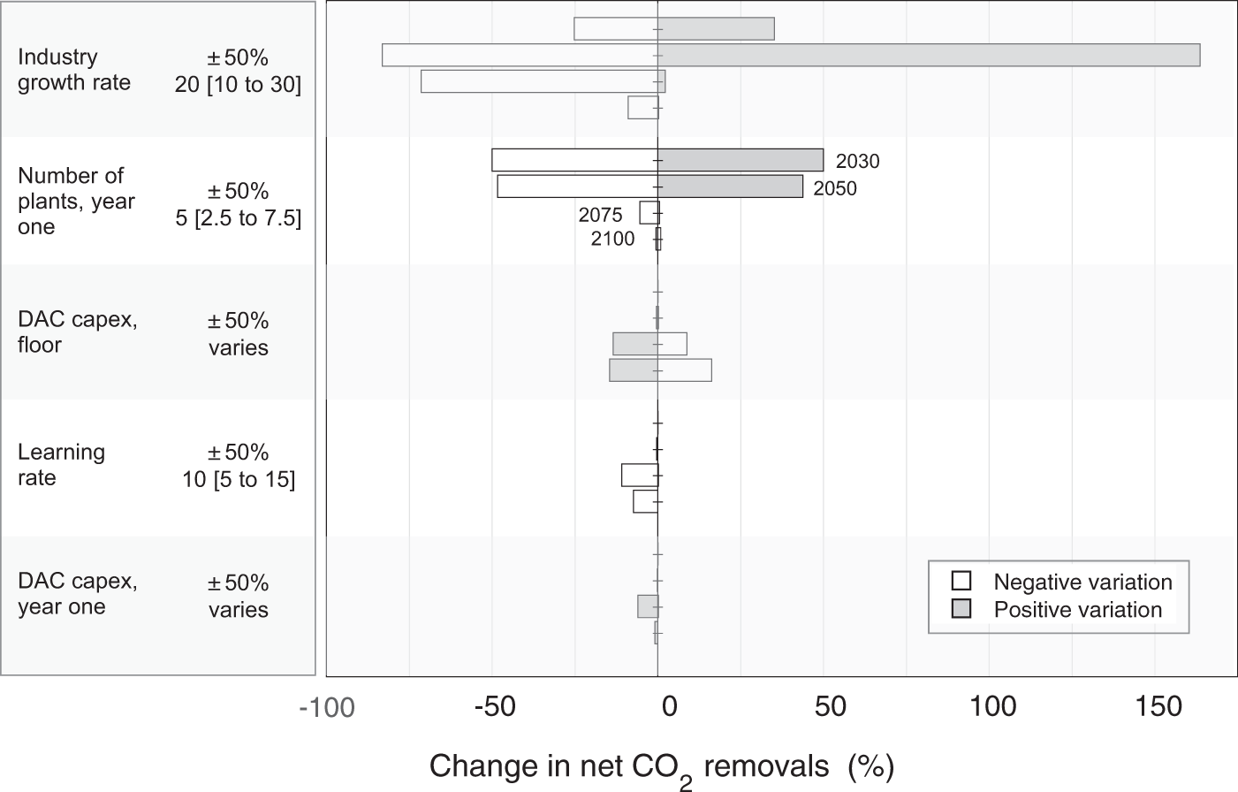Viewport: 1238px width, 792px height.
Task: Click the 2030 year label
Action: pyautogui.click(x=857, y=162)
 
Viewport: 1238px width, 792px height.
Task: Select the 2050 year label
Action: pyautogui.click(x=835, y=188)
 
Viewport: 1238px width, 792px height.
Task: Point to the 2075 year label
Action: pyautogui.click(x=601, y=215)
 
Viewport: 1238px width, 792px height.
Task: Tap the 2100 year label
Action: pyautogui.click(x=613, y=239)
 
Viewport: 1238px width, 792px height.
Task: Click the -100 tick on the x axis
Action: pyautogui.click(x=326, y=708)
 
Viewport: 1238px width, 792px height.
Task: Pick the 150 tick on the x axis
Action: pyautogui.click(x=1158, y=706)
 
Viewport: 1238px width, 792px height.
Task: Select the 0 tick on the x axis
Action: pyautogui.click(x=669, y=706)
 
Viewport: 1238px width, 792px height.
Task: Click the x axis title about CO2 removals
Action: pyautogui.click(x=662, y=766)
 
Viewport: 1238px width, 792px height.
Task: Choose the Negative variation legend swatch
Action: pyautogui.click(x=961, y=582)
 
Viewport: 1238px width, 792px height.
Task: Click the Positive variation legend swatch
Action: pyautogui.click(x=961, y=609)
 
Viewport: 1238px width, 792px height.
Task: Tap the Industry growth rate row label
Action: pyautogui.click(x=74, y=70)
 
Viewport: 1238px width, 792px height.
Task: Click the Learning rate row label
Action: pyautogui.click(x=61, y=465)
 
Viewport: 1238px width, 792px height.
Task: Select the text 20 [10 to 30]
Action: pyautogui.click(x=238, y=85)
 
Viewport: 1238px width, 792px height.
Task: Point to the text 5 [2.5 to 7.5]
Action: pyautogui.click(x=238, y=218)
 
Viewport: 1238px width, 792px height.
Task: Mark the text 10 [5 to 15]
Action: pyautogui.click(x=239, y=479)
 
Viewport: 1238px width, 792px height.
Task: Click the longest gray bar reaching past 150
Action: pyautogui.click(x=928, y=55)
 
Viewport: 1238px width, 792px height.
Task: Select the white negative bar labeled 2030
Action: pyautogui.click(x=574, y=160)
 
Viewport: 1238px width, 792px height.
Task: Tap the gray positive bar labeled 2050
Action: pyautogui.click(x=730, y=187)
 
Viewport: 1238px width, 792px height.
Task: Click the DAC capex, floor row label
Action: pyautogui.click(x=77, y=331)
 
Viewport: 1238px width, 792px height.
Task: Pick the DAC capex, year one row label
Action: pyautogui.click(x=77, y=594)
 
